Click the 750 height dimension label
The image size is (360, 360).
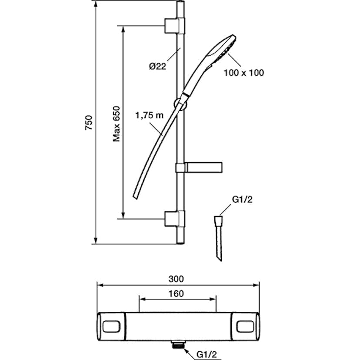coord(89,123)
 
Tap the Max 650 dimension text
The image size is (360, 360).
coord(117,124)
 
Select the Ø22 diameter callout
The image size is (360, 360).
coord(157,67)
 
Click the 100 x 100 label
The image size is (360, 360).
coord(244,73)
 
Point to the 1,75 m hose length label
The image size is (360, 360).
coord(149,115)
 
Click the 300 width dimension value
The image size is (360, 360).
coord(176,279)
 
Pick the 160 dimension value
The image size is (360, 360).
coord(176,293)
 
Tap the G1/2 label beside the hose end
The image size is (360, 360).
coord(242,200)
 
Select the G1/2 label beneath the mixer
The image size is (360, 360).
coord(207,354)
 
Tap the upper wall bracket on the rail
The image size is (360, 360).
coord(174,26)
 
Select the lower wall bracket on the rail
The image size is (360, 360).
coord(174,219)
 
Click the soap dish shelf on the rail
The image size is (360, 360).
coord(199,167)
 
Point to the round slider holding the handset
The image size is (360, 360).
coord(180,104)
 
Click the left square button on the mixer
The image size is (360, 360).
coord(111,326)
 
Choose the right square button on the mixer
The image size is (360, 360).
coord(245,326)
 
